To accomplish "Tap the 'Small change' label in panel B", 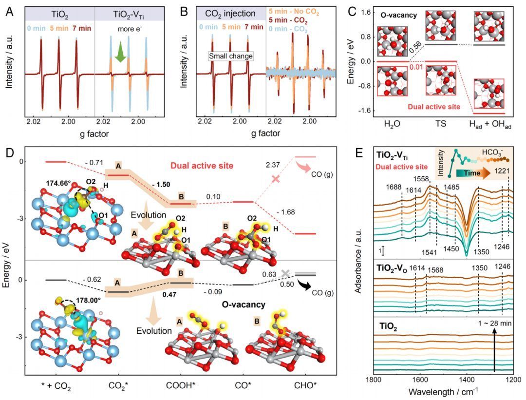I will [x=231, y=56].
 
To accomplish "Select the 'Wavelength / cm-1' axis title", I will [x=443, y=391].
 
